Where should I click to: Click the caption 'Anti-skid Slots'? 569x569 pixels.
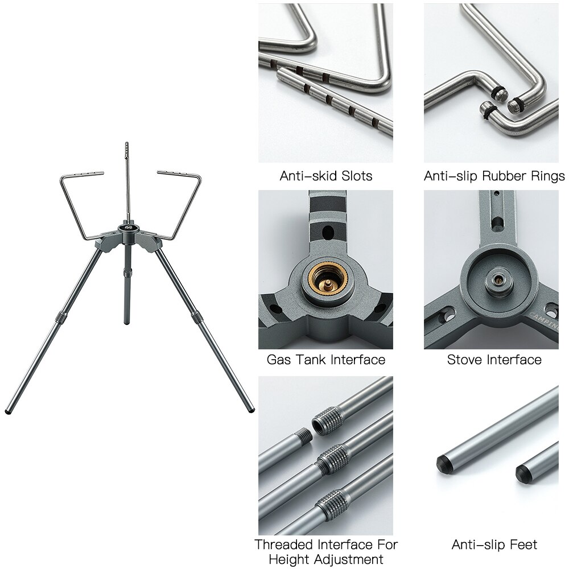tap(325, 176)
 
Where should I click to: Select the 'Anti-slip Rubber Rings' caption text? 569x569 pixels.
tap(494, 176)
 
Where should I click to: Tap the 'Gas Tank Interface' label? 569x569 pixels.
tap(325, 360)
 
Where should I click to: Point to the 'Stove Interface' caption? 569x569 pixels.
tap(494, 360)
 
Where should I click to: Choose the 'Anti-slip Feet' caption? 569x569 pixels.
tap(494, 545)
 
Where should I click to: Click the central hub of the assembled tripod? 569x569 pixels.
tap(125, 229)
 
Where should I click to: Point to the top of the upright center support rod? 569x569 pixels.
tap(126, 146)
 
